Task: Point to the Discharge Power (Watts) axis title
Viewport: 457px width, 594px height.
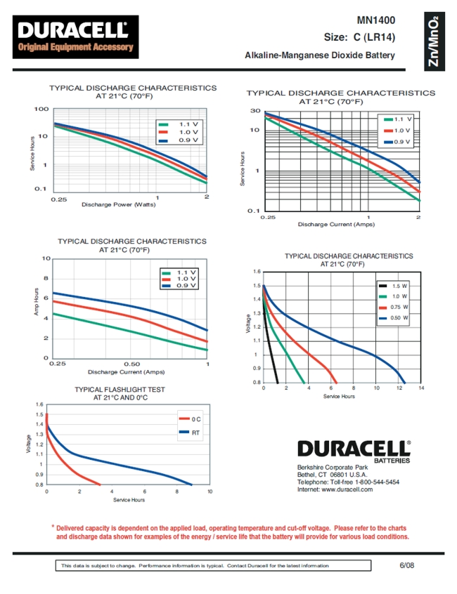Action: coord(118,205)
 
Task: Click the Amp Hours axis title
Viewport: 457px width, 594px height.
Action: coord(37,302)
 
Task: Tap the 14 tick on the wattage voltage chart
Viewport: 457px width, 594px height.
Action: coord(420,388)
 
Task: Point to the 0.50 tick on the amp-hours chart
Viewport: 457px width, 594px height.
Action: coord(131,364)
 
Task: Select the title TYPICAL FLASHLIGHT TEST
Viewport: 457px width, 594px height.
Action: coord(121,389)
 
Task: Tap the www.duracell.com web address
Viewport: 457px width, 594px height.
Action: coord(347,489)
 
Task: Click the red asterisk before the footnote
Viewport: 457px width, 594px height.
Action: coord(52,527)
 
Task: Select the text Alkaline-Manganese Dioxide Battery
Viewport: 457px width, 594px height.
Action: coord(319,55)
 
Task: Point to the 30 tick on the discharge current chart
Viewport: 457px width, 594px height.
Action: coord(255,112)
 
